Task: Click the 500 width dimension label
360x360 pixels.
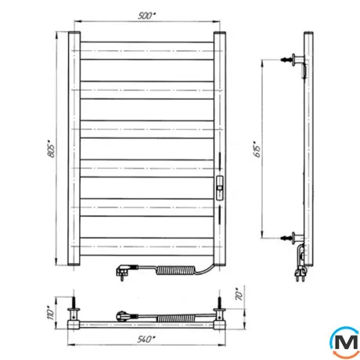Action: click(146, 16)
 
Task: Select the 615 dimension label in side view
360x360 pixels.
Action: click(257, 149)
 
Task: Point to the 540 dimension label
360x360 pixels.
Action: click(146, 339)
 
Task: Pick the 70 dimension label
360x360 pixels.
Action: click(239, 294)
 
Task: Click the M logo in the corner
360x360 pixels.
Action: click(344, 342)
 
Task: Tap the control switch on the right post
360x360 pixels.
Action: click(220, 188)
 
